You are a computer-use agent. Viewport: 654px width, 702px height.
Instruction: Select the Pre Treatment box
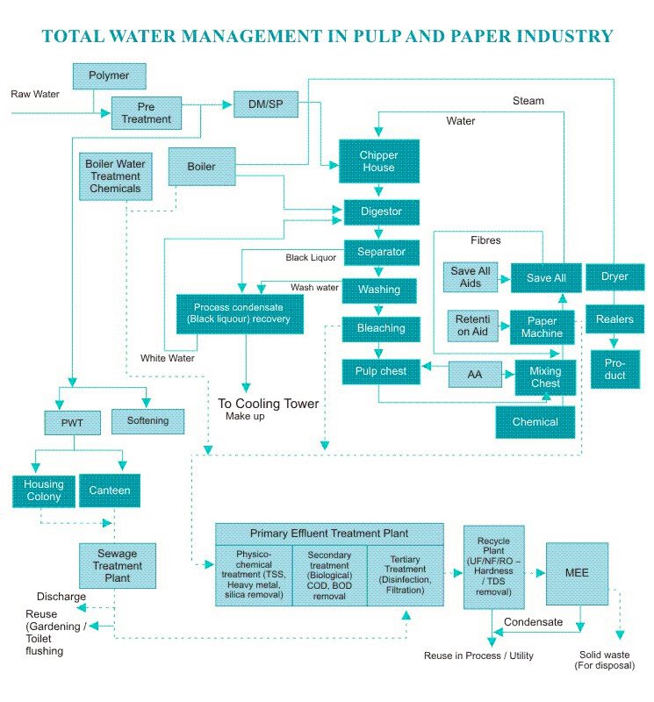(146, 112)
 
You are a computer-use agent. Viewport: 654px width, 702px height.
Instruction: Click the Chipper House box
(377, 161)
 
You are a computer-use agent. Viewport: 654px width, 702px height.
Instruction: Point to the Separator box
(381, 252)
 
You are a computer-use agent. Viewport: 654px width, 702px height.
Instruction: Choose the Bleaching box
(380, 328)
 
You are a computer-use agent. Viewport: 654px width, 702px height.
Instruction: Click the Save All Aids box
(471, 277)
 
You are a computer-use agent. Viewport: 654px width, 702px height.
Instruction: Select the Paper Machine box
(542, 327)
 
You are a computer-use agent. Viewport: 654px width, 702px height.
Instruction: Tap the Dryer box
(614, 277)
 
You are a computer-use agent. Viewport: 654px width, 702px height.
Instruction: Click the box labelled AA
(475, 374)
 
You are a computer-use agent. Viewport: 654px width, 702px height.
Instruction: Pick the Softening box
(147, 421)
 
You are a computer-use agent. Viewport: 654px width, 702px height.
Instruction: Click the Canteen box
(110, 491)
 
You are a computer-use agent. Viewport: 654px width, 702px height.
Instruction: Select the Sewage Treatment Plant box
(117, 566)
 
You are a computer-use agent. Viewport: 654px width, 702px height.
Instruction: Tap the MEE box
(577, 573)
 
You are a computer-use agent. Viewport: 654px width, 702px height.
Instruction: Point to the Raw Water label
(35, 93)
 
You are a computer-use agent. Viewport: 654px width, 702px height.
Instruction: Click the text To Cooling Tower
(268, 404)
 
